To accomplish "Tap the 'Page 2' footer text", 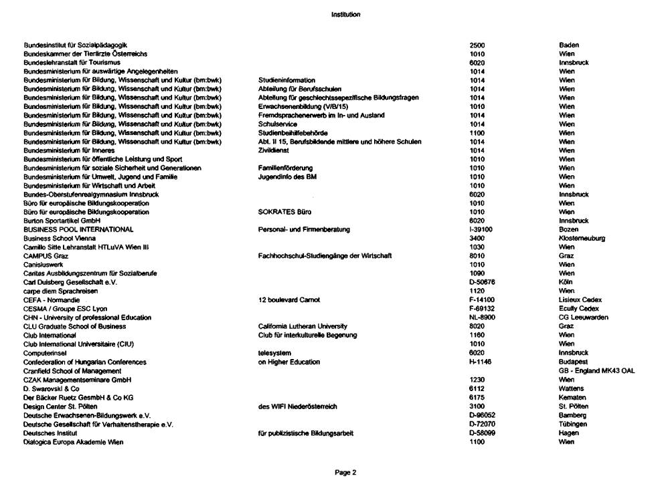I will click(x=345, y=471).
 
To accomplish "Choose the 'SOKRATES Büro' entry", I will click(x=282, y=212).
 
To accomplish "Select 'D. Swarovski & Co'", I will click(x=52, y=388).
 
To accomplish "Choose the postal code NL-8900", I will click(x=483, y=318).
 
